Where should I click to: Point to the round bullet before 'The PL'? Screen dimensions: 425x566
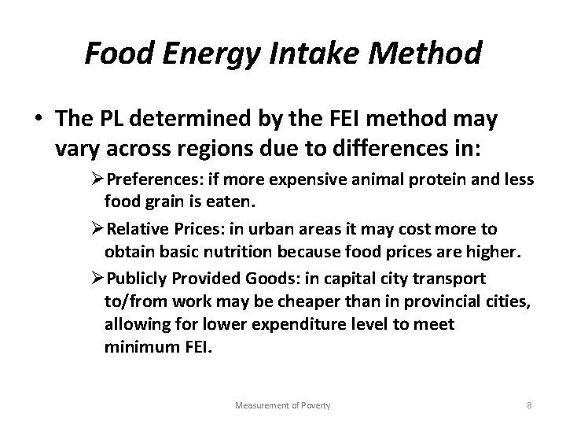point(39,120)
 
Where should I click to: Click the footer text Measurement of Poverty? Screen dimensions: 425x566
point(284,405)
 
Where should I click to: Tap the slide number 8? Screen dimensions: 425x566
point(528,405)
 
